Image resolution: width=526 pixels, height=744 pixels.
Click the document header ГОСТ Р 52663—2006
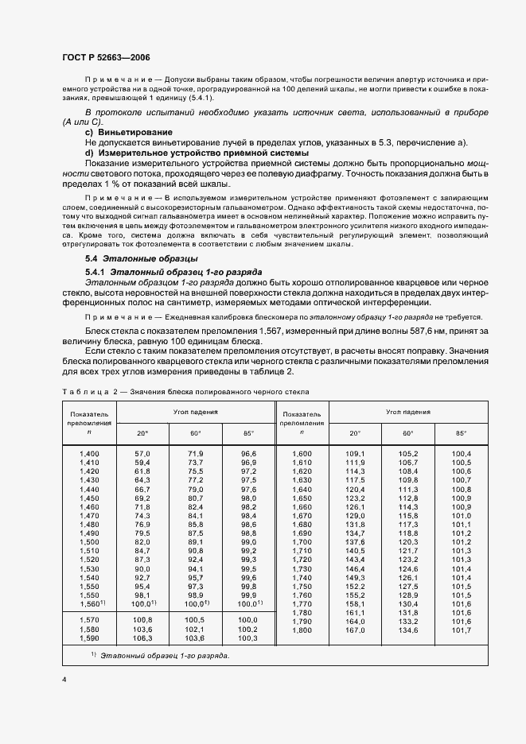(106, 58)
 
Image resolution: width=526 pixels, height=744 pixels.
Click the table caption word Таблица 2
(91, 392)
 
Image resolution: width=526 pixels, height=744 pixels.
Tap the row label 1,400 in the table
(89, 453)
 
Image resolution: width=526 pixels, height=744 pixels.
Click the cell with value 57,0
(142, 453)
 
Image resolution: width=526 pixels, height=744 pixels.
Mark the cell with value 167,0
(354, 631)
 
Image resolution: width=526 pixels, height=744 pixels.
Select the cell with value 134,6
(407, 631)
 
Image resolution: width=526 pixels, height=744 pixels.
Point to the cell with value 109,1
(354, 453)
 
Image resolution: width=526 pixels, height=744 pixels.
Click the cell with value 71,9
(196, 453)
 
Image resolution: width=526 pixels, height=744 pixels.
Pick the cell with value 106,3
(142, 638)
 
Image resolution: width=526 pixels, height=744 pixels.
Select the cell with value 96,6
(248, 453)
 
